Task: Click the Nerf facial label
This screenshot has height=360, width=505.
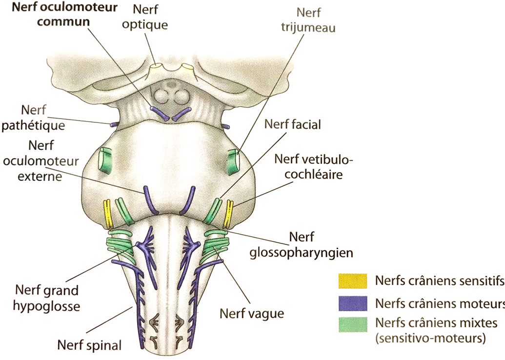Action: click(x=293, y=124)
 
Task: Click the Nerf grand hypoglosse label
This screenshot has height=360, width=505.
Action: click(x=46, y=298)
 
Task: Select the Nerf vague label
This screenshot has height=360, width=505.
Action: click(x=252, y=313)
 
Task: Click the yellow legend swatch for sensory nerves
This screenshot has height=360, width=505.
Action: click(x=353, y=281)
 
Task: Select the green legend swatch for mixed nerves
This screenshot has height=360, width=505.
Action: click(x=353, y=324)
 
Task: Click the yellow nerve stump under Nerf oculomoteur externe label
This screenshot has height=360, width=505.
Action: click(x=108, y=215)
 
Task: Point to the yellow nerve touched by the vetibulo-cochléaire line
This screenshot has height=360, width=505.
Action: click(x=228, y=214)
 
